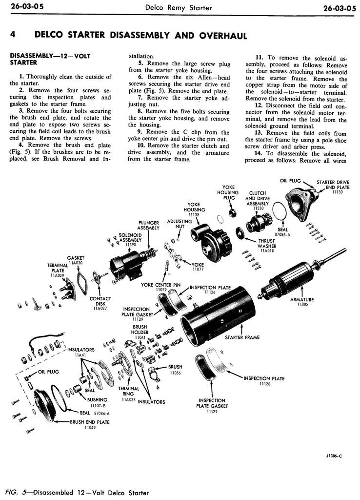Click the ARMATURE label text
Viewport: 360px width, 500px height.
pos(302,299)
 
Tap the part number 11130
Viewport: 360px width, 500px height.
pos(337,192)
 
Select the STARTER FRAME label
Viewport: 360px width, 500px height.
pos(242,337)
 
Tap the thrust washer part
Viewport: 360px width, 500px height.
pos(240,233)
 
